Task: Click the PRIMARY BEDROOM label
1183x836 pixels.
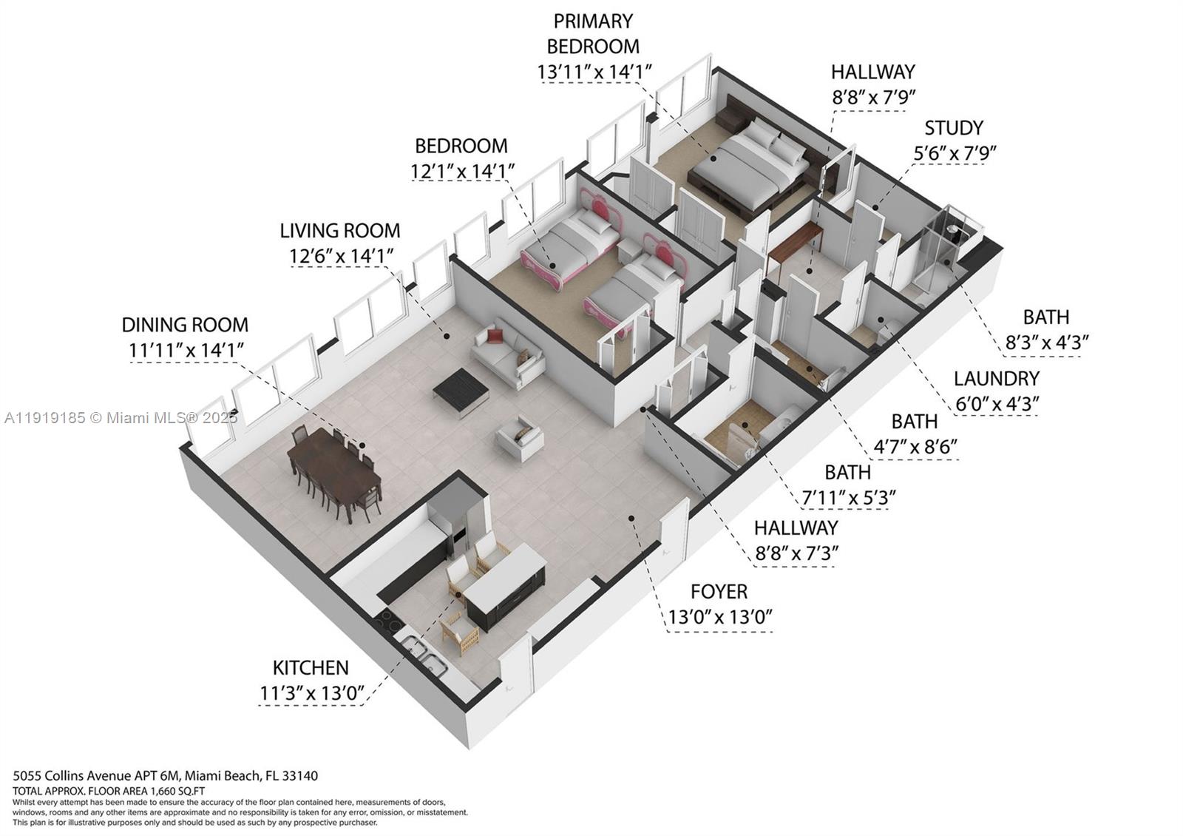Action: coord(593,33)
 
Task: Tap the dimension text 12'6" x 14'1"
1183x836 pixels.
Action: coord(340,256)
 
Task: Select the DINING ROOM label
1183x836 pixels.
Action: coord(185,325)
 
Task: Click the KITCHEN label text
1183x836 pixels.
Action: coord(311,667)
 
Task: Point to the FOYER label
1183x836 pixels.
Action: coord(719,592)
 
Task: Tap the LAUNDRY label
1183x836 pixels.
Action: coord(996,379)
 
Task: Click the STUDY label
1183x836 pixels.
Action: coord(954,128)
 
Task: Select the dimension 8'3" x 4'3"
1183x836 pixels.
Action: coord(1045,343)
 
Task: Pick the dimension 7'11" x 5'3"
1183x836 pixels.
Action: coord(848,497)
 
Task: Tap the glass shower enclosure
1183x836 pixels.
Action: coord(943,255)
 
